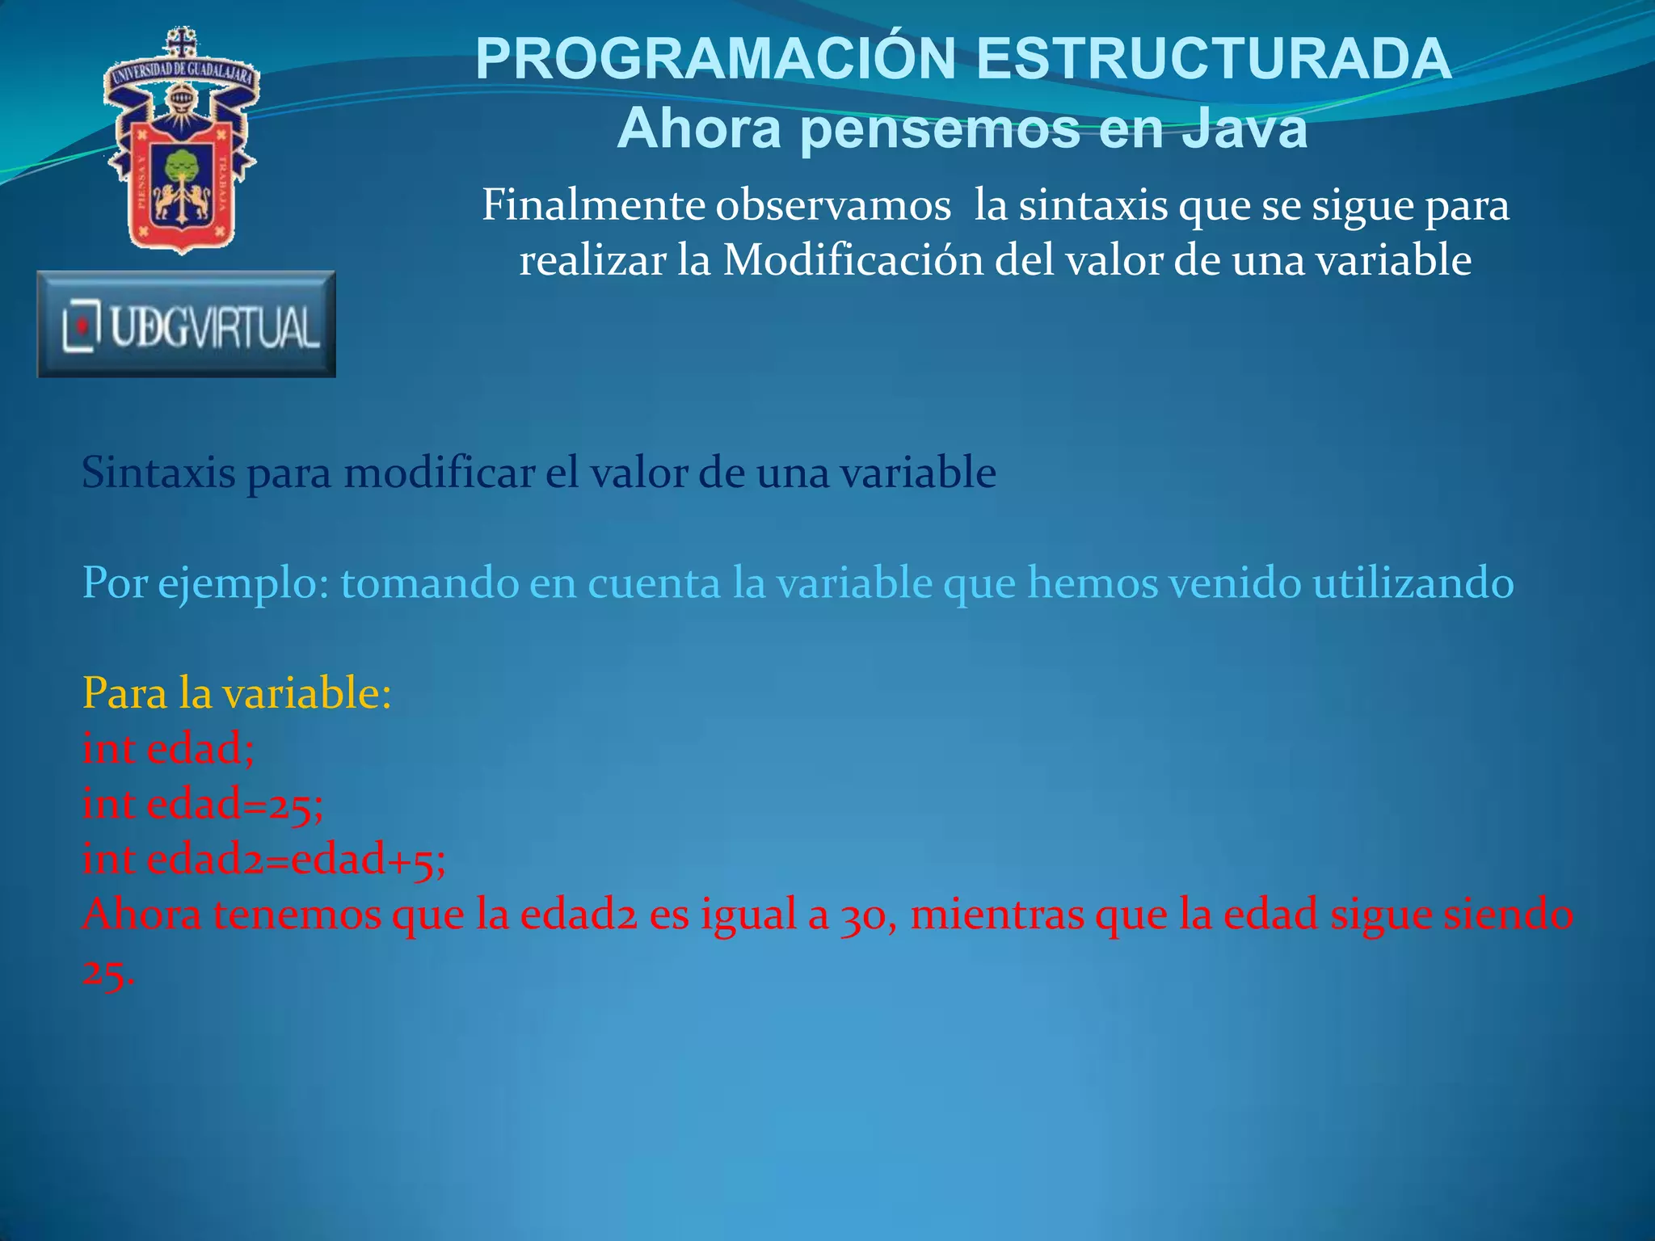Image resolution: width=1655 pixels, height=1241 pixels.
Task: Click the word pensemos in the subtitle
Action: tap(941, 129)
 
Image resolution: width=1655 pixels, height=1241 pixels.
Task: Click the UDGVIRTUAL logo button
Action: tap(187, 324)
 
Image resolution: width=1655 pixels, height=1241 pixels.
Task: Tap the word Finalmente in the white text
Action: tap(594, 205)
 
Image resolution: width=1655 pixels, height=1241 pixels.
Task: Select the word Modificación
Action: tap(853, 261)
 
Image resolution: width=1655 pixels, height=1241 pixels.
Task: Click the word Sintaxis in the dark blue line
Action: tap(158, 473)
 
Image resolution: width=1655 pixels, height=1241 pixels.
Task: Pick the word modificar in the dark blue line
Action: tap(439, 473)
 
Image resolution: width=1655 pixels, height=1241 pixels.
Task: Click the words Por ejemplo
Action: tap(205, 583)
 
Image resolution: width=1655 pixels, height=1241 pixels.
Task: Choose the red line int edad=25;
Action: tap(203, 805)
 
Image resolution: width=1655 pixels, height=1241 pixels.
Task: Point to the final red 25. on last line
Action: tap(108, 973)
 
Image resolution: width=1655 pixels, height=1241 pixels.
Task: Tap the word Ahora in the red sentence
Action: tap(141, 915)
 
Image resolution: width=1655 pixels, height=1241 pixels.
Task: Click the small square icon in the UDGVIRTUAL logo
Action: tap(82, 326)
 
